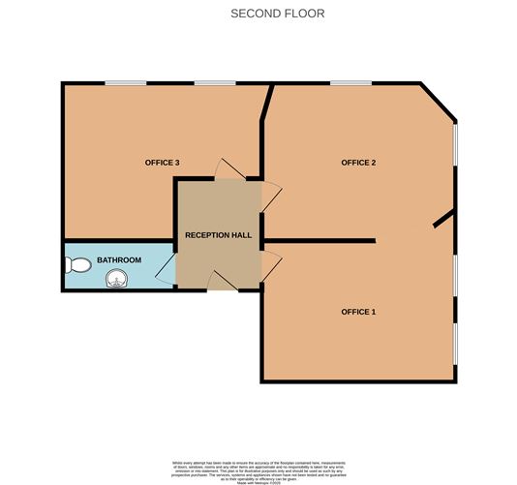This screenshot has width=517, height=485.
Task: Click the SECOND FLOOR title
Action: [277, 14]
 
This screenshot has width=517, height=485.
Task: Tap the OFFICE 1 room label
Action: [357, 312]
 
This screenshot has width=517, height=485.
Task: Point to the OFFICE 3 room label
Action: [162, 163]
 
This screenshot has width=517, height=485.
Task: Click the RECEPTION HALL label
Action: [218, 235]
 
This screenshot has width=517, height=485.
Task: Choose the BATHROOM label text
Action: [119, 260]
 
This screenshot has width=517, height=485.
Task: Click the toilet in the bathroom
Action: [79, 262]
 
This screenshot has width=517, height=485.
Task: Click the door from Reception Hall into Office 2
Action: [271, 197]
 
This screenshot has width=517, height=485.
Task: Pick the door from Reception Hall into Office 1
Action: [271, 261]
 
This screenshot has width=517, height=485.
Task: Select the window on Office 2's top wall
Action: [346, 83]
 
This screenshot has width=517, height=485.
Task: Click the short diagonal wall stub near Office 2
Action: [443, 220]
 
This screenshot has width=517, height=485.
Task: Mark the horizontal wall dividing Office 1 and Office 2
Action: [319, 240]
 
